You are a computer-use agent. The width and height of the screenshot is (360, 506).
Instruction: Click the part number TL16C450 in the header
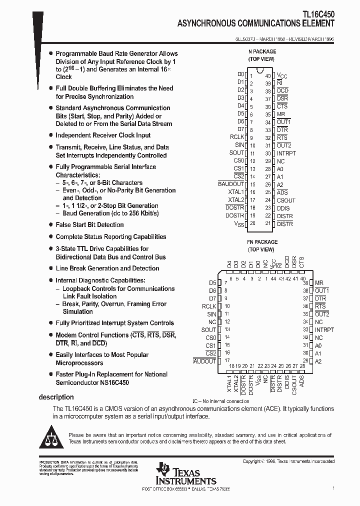[318, 15]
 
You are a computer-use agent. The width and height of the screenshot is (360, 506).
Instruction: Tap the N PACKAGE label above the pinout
[262, 51]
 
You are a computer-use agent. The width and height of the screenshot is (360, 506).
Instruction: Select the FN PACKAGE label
[262, 242]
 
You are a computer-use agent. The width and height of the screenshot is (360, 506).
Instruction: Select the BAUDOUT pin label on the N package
[231, 184]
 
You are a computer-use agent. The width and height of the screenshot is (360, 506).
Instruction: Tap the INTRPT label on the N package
[286, 153]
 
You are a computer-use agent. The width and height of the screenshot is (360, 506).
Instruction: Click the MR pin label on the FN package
[319, 283]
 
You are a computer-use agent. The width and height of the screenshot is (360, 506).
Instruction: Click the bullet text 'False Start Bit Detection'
[89, 225]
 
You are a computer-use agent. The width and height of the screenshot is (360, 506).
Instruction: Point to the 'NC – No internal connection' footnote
[220, 401]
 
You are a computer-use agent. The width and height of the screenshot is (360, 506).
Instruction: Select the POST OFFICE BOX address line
[186, 488]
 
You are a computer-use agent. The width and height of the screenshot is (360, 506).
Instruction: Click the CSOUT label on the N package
[286, 200]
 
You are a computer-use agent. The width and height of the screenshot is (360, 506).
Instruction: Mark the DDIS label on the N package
[283, 208]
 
